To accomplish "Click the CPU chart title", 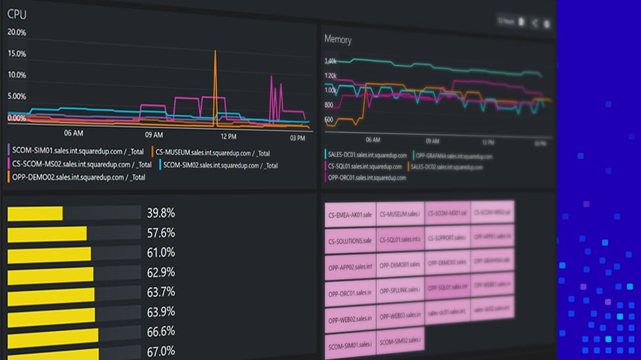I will click(x=17, y=14).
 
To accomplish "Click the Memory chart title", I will click(x=338, y=39).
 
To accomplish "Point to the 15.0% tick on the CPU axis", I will click(x=16, y=54).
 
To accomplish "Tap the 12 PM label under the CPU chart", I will click(x=228, y=137).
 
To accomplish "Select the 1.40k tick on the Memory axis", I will click(x=330, y=61).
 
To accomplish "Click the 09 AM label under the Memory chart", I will click(x=432, y=141).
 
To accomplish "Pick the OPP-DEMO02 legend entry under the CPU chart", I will click(x=77, y=177).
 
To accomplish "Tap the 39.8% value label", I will click(x=160, y=213).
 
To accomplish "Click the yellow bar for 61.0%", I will click(x=49, y=254).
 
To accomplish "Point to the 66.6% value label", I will click(x=160, y=331).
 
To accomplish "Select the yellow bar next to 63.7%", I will click(x=51, y=293).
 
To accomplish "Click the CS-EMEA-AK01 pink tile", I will click(x=350, y=215).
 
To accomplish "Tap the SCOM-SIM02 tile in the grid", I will click(x=400, y=342).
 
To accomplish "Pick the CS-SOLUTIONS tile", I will click(x=350, y=240).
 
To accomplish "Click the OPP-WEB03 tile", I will click(x=400, y=316).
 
